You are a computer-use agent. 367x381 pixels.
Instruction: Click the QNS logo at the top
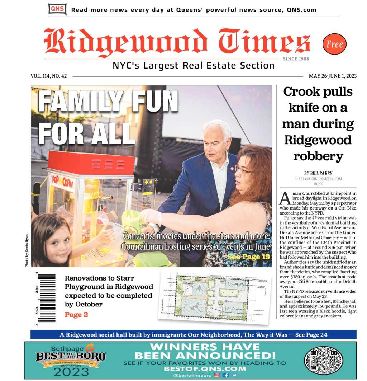pos(57,9)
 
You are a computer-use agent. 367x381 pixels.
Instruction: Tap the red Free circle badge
pos(334,44)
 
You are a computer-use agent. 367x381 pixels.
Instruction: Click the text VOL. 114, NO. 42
pos(49,76)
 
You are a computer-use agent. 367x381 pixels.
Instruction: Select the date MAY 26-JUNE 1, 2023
pos(332,76)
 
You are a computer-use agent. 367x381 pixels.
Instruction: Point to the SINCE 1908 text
pos(296,59)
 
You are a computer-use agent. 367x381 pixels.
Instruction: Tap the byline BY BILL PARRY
pos(318,173)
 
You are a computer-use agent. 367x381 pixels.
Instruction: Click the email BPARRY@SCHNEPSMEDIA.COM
pos(318,179)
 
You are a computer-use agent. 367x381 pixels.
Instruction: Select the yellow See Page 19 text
pos(248,257)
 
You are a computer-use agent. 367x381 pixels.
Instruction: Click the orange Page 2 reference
pos(76,315)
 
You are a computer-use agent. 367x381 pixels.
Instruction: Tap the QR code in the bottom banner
pos(323,360)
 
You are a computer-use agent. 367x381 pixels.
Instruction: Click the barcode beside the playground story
pos(46,298)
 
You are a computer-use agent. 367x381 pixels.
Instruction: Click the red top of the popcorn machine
pos(91,164)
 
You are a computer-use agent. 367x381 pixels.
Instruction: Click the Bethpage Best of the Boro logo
pos(71,360)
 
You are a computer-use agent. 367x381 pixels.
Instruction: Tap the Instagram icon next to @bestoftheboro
pos(217,375)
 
